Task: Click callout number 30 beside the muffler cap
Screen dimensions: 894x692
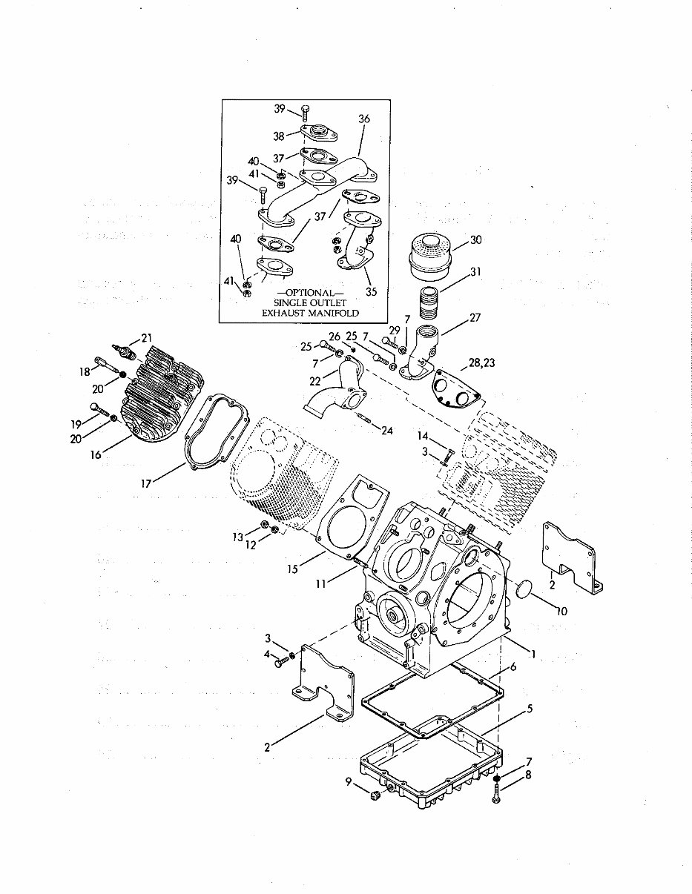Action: [475, 239]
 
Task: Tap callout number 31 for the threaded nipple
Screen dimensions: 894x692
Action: [475, 272]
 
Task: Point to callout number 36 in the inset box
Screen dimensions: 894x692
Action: [363, 119]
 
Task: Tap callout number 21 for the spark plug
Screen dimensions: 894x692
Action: [146, 338]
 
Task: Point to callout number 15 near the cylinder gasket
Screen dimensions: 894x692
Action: [293, 569]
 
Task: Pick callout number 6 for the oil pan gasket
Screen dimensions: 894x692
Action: [513, 667]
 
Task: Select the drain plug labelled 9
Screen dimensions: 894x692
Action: [375, 795]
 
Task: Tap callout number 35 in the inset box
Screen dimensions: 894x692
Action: [371, 291]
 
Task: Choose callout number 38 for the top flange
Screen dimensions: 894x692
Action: [279, 136]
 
